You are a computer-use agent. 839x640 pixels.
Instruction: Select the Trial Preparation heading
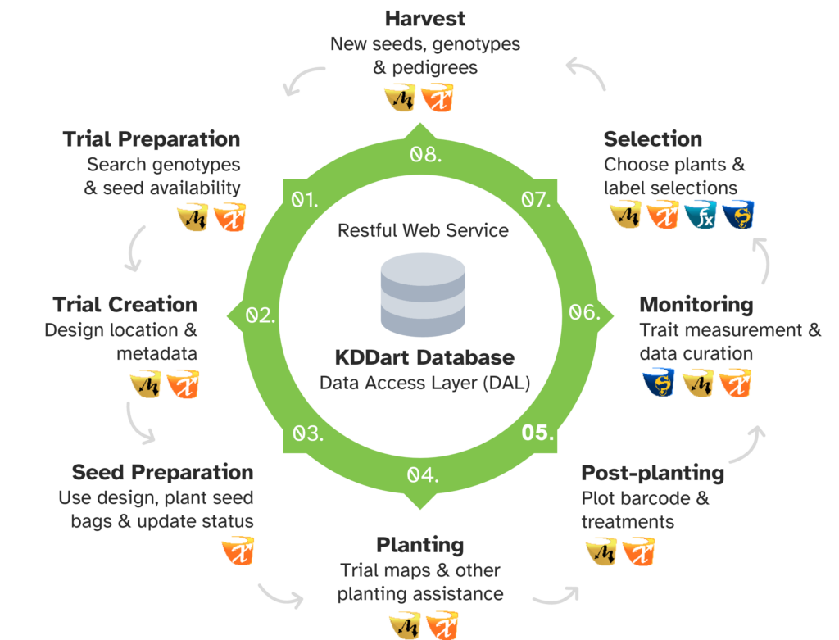152,138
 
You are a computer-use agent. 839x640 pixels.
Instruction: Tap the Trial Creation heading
125,305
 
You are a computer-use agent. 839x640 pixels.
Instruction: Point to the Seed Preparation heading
162,473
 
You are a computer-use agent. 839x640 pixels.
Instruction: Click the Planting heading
419,545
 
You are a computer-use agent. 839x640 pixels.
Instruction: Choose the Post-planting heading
652,474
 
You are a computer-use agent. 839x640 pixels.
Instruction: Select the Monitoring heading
696,305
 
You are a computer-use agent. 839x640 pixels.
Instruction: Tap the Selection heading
652,138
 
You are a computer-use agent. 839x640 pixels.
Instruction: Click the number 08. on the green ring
424,155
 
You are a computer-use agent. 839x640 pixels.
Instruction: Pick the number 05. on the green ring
538,433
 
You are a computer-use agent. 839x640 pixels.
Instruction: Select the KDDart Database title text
424,358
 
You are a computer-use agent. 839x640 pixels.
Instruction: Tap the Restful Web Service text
423,230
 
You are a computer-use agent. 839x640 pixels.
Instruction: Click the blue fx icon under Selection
701,216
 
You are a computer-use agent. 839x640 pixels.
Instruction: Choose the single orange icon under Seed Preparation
238,551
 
